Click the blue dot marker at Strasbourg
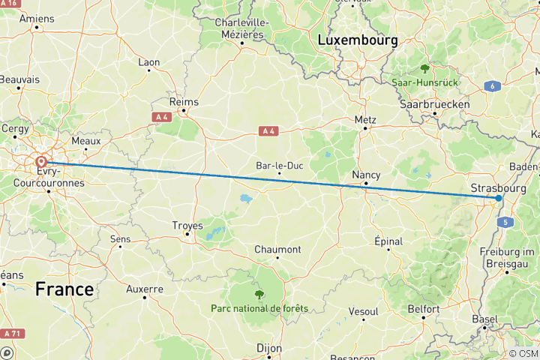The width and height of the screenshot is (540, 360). tap(499, 198)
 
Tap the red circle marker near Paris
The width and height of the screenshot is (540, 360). tap(40, 161)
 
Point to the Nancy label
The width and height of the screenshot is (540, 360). tap(366, 174)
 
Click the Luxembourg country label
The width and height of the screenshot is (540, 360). tap(357, 41)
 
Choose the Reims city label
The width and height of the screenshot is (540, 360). tap(184, 101)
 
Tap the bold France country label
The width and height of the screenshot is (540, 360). tap(64, 289)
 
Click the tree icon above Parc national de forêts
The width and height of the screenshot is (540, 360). tap(259, 294)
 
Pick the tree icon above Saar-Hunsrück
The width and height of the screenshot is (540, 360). tap(425, 67)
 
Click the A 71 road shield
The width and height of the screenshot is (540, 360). tap(11, 333)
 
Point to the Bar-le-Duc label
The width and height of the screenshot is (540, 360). tap(279, 165)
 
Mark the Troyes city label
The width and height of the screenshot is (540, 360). tap(187, 225)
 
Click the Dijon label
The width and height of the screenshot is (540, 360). tap(269, 348)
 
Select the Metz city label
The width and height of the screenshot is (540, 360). tap(365, 118)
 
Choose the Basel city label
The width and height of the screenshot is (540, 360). tap(484, 319)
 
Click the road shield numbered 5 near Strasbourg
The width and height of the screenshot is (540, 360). tap(506, 222)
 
